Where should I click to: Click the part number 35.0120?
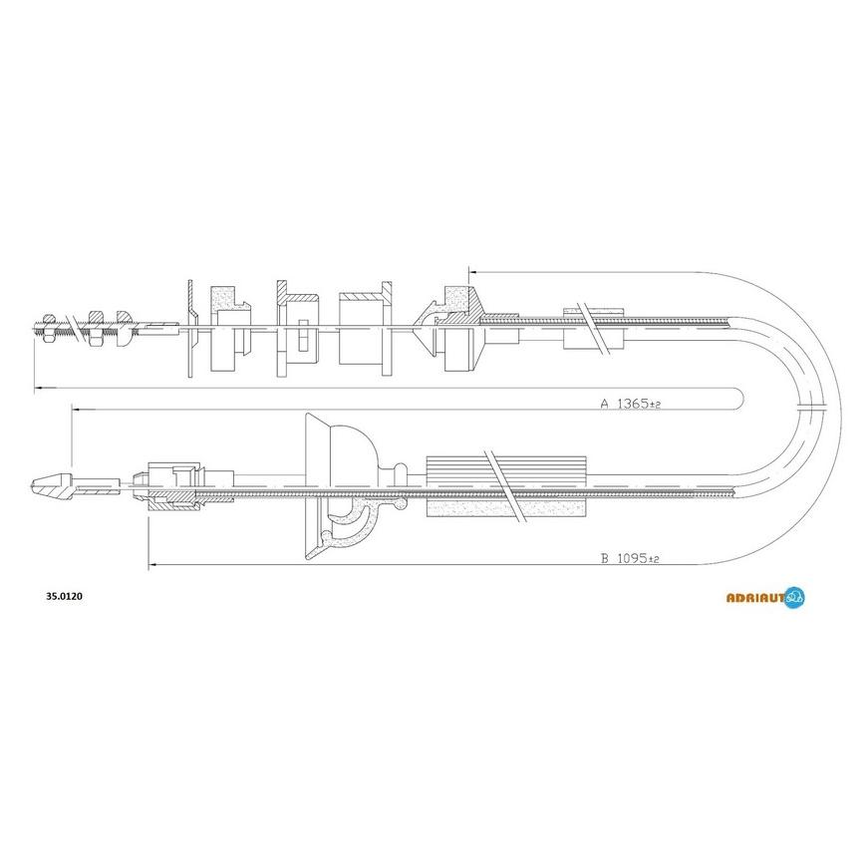coord(64,597)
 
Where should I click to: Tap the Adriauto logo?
coord(765,598)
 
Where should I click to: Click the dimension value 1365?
coord(633,404)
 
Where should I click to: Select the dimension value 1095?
coord(632,558)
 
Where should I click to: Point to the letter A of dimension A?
coord(605,404)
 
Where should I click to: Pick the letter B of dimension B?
coord(605,558)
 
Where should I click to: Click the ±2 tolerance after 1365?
coord(655,405)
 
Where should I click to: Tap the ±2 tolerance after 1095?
coord(654,560)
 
